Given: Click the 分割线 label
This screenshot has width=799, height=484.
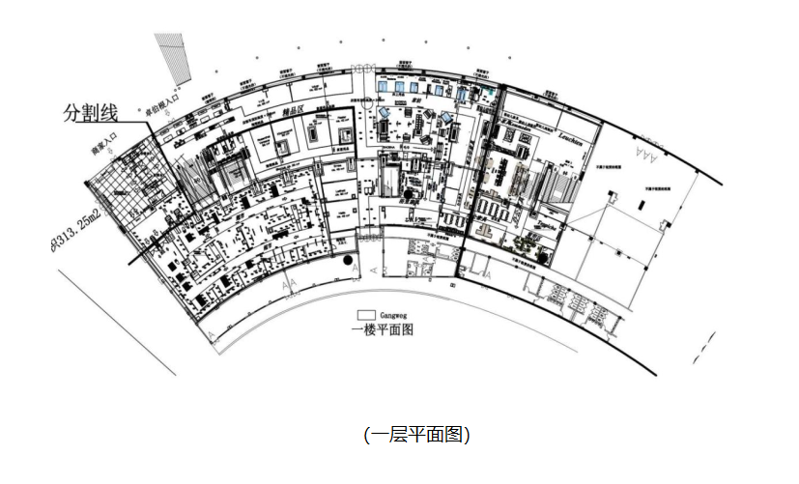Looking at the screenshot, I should point(92,114).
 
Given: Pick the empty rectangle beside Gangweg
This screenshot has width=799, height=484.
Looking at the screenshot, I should point(366,315).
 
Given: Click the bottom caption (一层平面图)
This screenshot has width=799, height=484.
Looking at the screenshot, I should point(415,435).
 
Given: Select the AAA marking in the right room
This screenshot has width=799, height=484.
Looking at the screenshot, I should point(644,154).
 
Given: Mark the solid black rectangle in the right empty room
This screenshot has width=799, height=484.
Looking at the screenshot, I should point(612,197).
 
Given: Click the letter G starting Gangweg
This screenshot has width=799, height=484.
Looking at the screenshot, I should point(384,315).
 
